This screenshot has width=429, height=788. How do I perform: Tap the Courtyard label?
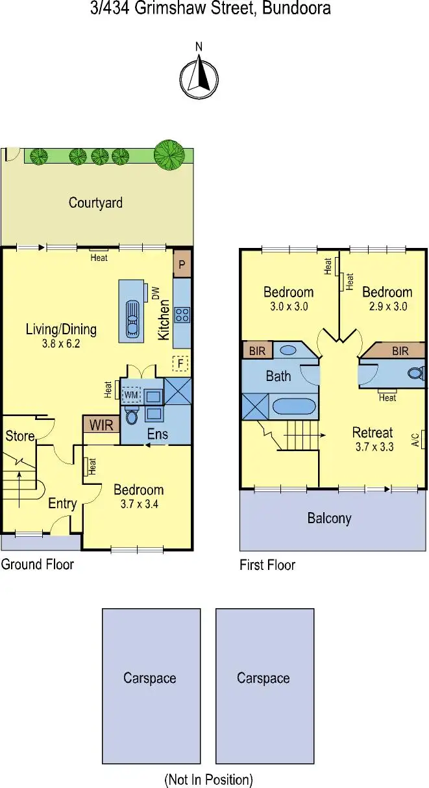pos(95,203)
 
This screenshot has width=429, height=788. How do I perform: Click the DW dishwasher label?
pos(156,293)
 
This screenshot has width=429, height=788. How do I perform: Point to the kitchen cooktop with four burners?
pos(182,315)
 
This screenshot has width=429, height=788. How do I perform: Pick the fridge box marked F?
pos(181,363)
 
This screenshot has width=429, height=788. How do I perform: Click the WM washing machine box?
pos(132,394)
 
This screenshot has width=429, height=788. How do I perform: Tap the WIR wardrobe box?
pos(101,426)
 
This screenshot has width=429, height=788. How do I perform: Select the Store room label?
pos(19,436)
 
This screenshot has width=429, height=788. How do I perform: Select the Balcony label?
pos(329,519)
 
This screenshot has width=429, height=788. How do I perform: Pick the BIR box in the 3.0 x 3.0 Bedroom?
pos(256,351)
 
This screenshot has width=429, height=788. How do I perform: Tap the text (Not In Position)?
pos(208,779)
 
